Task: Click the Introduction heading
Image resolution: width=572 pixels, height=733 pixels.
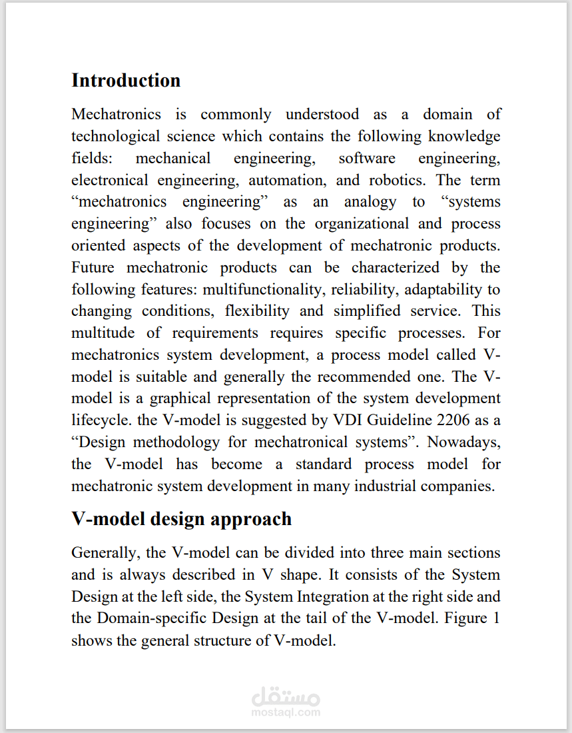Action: coord(126,80)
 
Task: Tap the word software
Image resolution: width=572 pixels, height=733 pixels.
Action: coord(367,158)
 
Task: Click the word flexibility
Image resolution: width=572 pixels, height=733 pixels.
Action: coord(257,311)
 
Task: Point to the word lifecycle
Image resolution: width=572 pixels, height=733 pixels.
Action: coord(97,420)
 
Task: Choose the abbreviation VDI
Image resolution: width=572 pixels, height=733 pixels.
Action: coord(340,420)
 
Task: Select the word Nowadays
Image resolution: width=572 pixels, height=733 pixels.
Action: coord(464,442)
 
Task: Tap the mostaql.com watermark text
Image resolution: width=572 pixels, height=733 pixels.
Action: coord(286,712)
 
